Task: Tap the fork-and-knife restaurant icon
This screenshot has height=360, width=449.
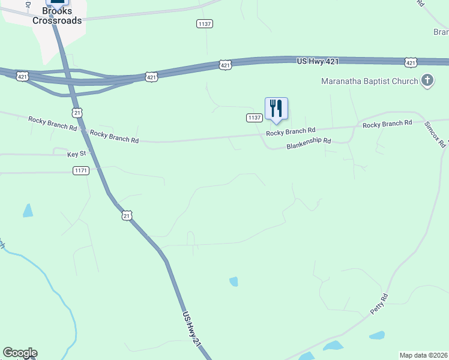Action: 276,109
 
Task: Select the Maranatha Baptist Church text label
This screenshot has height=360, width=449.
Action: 369,81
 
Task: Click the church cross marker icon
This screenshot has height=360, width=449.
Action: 427,80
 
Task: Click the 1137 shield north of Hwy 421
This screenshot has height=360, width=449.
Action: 205,23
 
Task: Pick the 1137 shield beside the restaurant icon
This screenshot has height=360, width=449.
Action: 254,118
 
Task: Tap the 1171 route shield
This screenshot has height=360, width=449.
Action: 81,171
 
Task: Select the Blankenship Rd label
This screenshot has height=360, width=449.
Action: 309,144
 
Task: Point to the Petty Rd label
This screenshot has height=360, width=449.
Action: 379,304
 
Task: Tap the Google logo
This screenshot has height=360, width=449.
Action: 20,353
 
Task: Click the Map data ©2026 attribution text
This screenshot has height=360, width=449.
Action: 423,355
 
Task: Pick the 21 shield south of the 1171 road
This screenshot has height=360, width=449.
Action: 126,215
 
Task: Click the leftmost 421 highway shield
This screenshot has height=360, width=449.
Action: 22,76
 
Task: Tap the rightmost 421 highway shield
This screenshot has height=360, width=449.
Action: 411,62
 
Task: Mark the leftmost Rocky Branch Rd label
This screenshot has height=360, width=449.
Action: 53,124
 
